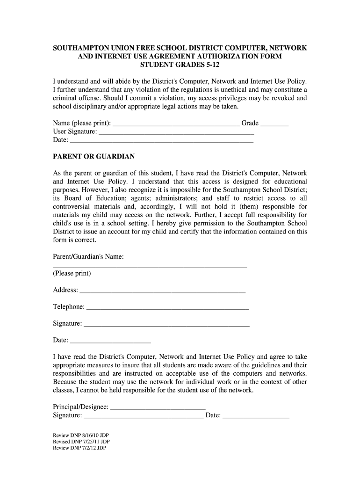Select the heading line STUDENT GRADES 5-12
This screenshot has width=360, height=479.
pos(180,65)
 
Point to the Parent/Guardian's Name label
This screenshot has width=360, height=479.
pos(88,257)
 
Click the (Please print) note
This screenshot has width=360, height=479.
pos(72,273)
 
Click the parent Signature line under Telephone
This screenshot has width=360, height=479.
pos(166,325)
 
